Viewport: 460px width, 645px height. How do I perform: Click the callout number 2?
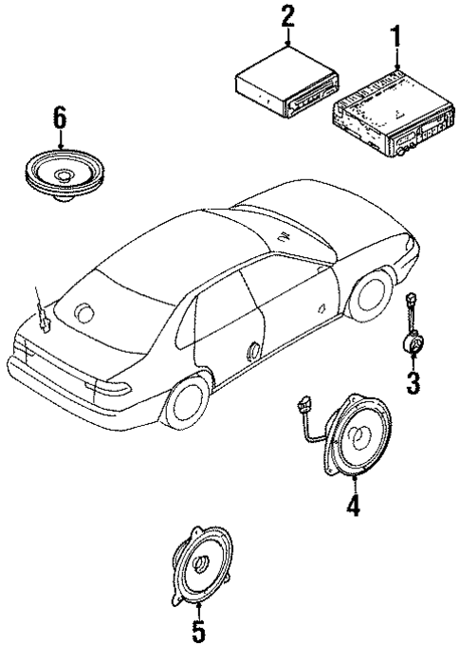coord(286,16)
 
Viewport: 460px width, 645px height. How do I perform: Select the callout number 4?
coord(352,507)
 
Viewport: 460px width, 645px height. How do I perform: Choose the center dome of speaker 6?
coord(65,175)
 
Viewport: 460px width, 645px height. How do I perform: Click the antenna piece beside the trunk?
coord(44,317)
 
